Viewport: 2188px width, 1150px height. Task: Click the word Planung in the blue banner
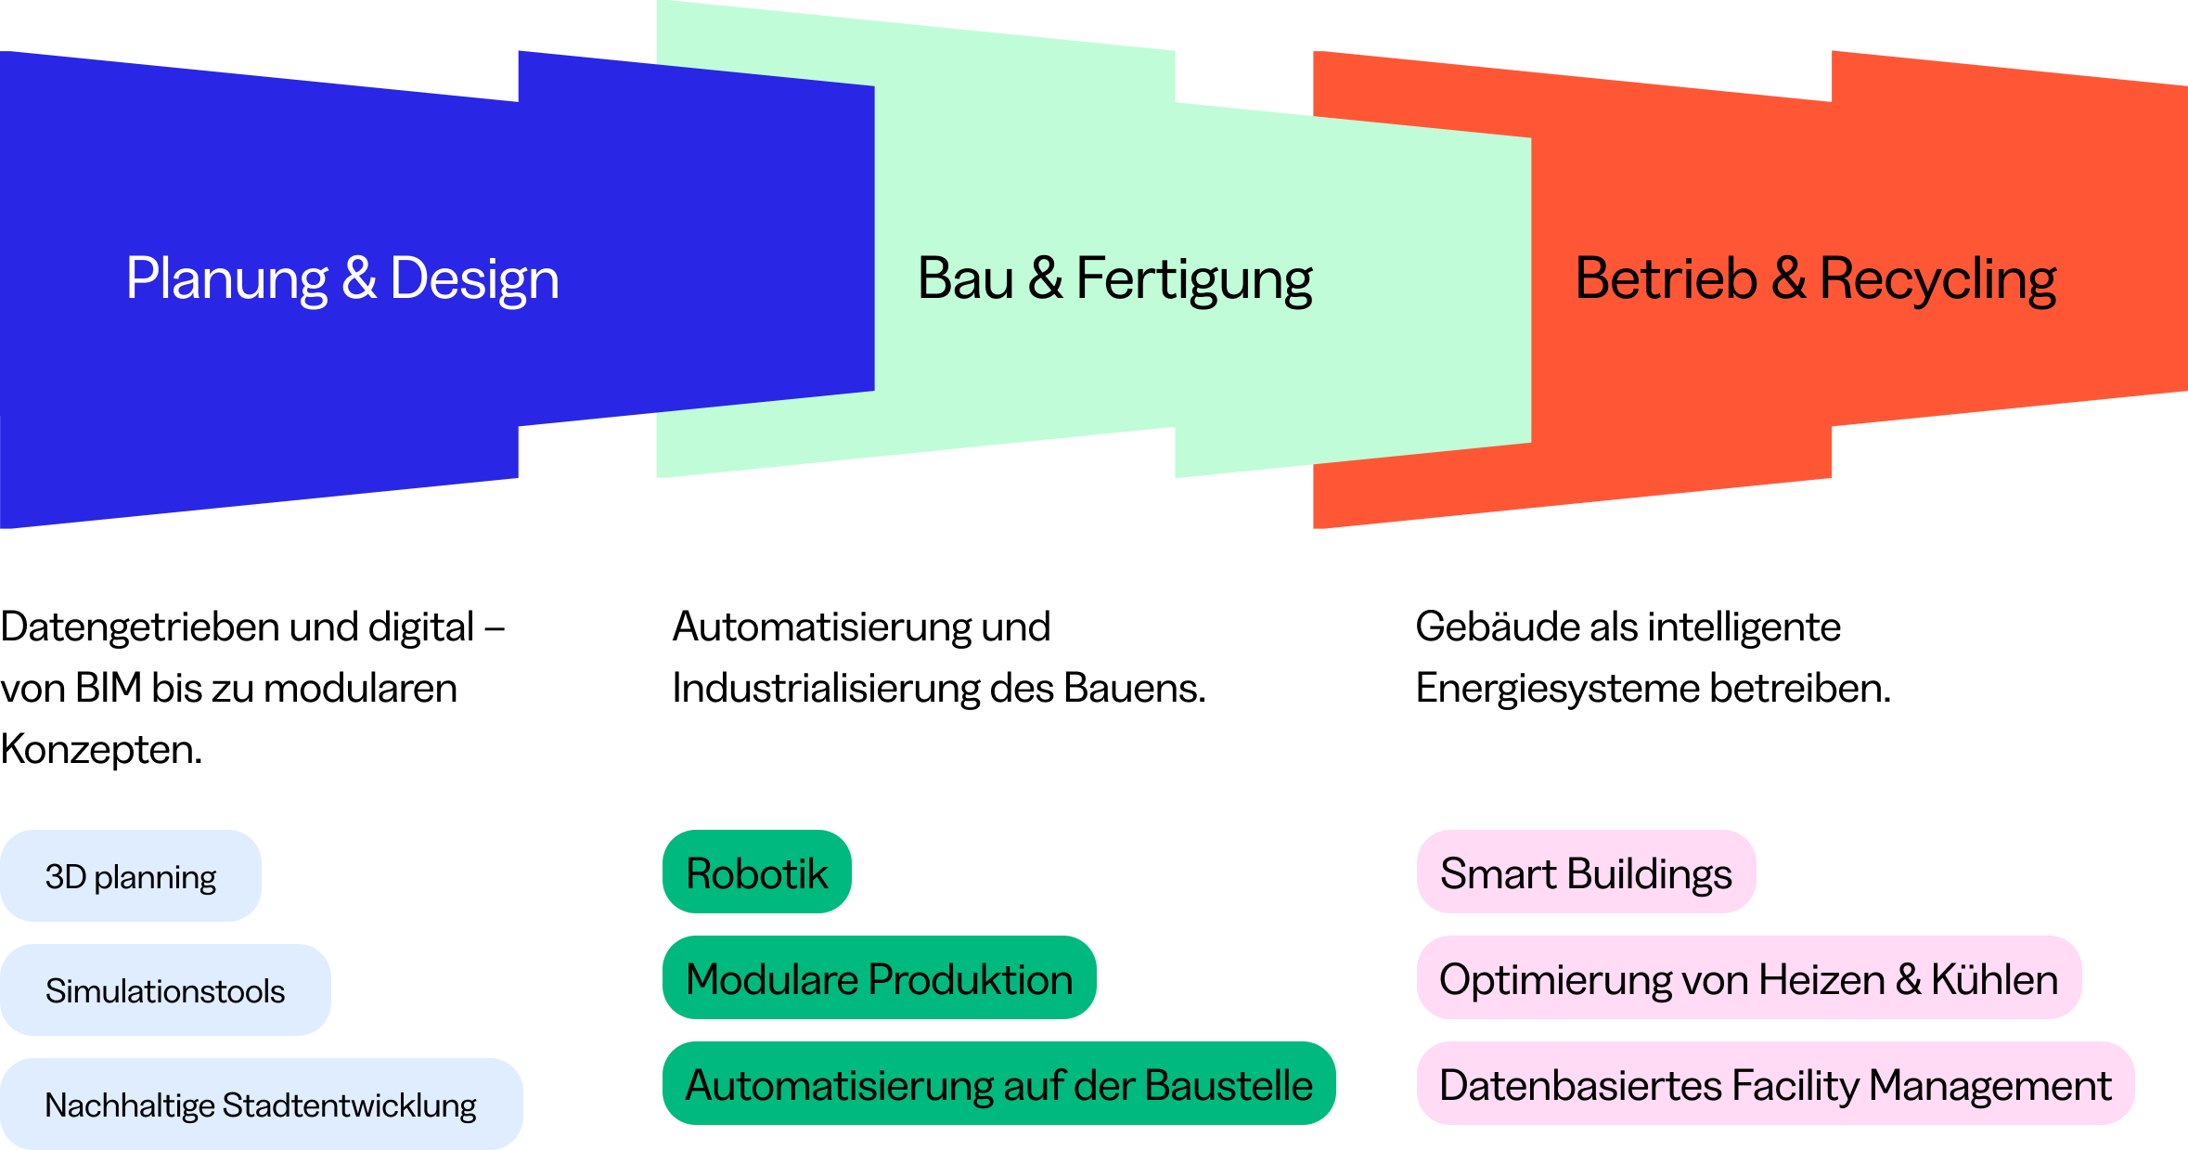click(x=226, y=279)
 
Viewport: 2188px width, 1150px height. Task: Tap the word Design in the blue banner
click(x=474, y=279)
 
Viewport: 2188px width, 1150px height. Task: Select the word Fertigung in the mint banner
click(x=1194, y=279)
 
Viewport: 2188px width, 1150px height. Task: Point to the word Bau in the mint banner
click(x=965, y=279)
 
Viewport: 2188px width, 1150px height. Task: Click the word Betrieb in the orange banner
click(x=1666, y=279)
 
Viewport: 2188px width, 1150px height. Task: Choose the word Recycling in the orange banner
click(x=1937, y=279)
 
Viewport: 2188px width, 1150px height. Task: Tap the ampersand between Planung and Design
click(x=359, y=279)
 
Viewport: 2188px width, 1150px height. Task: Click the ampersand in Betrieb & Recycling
click(x=1788, y=279)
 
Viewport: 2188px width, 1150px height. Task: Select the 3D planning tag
click(x=131, y=876)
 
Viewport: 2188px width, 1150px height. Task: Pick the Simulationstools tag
click(x=165, y=990)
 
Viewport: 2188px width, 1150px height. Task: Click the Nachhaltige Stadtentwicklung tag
click(x=261, y=1105)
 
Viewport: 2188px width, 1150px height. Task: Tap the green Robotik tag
click(x=756, y=872)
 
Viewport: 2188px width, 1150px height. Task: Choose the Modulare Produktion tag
click(x=879, y=978)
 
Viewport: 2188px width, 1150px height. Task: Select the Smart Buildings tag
click(x=1586, y=872)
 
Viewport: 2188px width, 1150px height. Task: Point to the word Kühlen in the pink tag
click(x=1994, y=979)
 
